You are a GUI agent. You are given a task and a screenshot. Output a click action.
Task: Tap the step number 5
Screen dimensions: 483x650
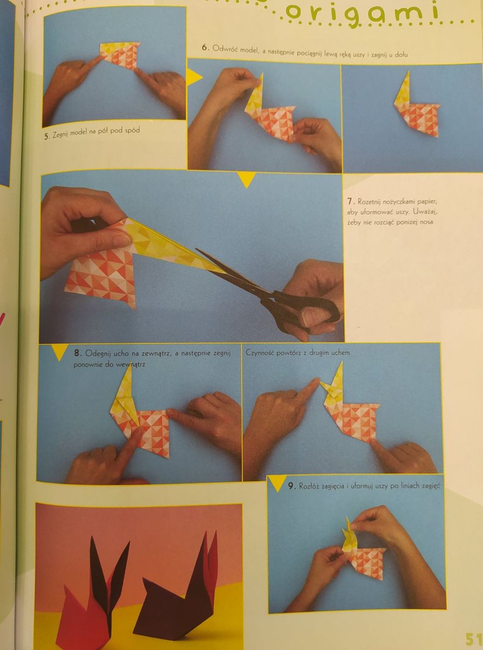pyautogui.click(x=47, y=136)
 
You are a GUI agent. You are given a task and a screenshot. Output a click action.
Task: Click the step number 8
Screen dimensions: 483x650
pyautogui.click(x=77, y=353)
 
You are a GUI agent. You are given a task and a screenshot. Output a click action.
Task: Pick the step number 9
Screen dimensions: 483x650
pyautogui.click(x=291, y=486)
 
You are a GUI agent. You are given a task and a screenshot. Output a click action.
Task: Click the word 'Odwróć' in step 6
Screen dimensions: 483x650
pyautogui.click(x=224, y=48)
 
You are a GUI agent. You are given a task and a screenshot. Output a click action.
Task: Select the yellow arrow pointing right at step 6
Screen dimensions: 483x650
pyautogui.click(x=194, y=77)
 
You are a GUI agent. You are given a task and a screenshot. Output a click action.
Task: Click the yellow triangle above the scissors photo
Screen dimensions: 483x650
pyautogui.click(x=246, y=179)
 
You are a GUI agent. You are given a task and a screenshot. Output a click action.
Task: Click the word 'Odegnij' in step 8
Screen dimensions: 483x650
pyautogui.click(x=97, y=354)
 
